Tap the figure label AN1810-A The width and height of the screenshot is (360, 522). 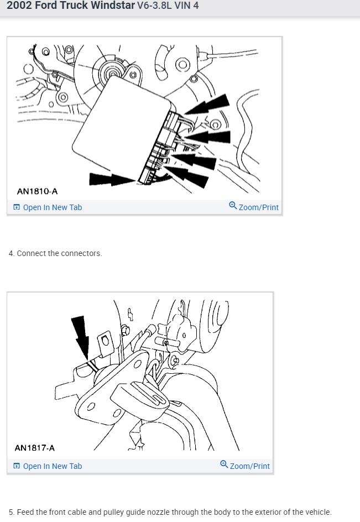coord(37,191)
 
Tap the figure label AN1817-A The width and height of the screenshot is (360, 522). coord(35,448)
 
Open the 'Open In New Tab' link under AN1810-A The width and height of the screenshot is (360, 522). coord(53,207)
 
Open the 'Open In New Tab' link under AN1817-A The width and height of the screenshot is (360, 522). coord(53,466)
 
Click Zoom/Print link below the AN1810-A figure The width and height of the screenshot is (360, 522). coord(258,207)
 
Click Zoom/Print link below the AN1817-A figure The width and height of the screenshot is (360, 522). coord(250,466)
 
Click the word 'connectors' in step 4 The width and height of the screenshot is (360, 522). coord(81,253)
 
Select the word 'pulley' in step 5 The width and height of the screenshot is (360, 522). coord(113,512)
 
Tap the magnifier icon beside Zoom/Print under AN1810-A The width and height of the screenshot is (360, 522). coord(233,205)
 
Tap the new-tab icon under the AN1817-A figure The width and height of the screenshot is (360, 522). coord(17,466)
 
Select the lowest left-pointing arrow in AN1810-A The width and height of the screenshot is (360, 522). coord(186,176)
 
